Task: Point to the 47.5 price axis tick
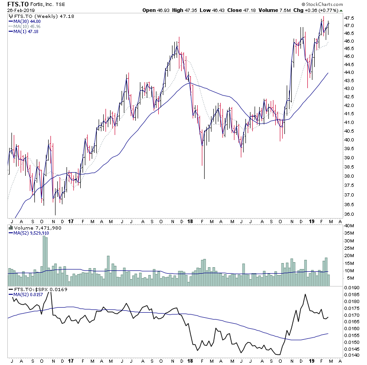tap(350, 18)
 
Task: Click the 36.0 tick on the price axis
tap(350, 214)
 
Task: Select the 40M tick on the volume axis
tap(350, 225)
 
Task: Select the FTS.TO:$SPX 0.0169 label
tap(33, 290)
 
